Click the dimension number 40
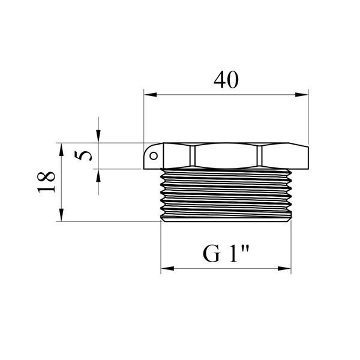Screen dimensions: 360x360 (x=226, y=80)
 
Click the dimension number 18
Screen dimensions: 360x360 (x=46, y=182)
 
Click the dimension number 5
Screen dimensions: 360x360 (x=83, y=155)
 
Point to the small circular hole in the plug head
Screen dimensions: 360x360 (x=154, y=156)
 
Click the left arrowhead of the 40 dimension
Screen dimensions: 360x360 (x=151, y=95)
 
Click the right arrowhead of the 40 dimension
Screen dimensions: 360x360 (x=302, y=95)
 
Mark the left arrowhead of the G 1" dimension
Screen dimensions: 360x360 (x=167, y=268)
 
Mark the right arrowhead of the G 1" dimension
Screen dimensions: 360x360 (x=284, y=268)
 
